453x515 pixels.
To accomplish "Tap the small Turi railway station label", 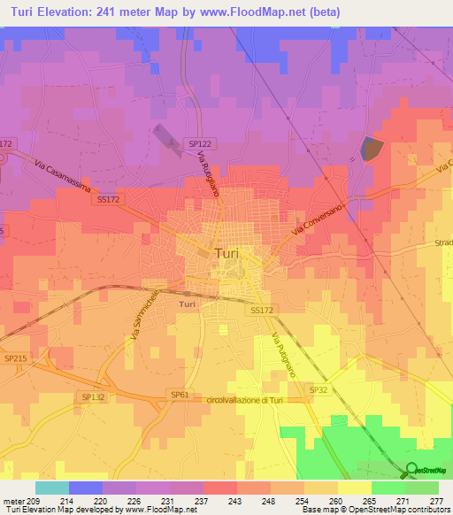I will point(187,304).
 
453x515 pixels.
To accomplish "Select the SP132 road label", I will point(93,397).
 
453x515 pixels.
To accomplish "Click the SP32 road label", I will point(319,388).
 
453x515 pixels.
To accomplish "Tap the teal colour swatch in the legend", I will point(52,488).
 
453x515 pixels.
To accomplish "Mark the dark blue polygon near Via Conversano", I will point(372,149).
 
